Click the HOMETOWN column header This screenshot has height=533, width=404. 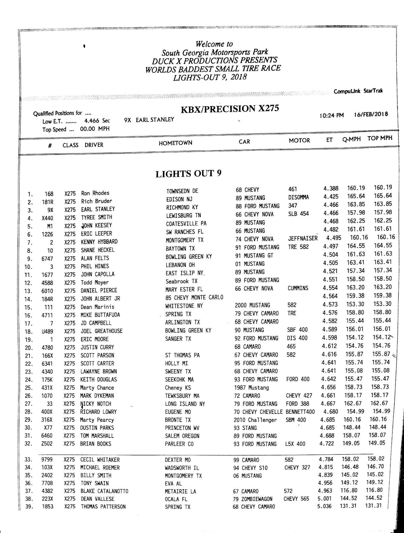point(175,143)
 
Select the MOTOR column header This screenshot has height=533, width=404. point(299,141)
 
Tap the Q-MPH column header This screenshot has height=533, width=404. point(351,139)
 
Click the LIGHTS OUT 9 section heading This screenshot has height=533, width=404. point(188,174)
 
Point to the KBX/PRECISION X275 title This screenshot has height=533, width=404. point(230,109)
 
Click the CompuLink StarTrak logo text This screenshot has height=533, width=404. point(358,91)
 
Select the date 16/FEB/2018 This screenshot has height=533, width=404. point(371,114)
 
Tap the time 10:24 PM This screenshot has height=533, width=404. point(332,115)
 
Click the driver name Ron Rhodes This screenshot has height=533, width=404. point(95,193)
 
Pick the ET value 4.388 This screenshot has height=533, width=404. point(331,188)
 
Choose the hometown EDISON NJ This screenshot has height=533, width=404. point(179,199)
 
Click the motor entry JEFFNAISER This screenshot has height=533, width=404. point(303,238)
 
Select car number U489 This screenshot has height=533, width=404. point(47,331)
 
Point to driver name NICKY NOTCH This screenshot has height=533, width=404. point(96,404)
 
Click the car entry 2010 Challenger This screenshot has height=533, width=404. point(255,420)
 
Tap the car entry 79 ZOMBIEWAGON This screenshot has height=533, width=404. point(253,499)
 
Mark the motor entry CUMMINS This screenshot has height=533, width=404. point(298,288)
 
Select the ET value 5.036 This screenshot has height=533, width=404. point(325,506)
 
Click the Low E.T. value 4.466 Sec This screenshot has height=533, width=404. point(97,121)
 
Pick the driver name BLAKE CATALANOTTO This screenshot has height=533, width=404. point(104,491)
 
